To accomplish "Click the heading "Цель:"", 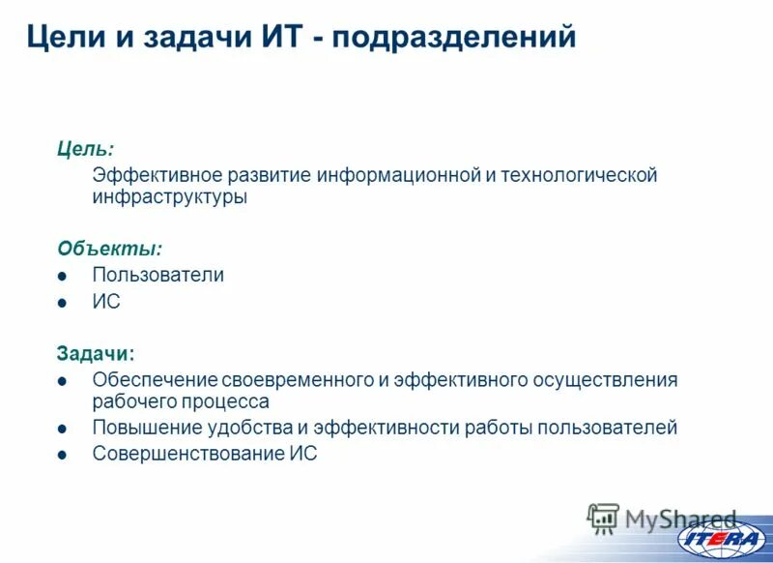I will click(x=85, y=149).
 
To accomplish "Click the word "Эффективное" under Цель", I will click(x=157, y=175).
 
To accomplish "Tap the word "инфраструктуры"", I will click(x=169, y=197).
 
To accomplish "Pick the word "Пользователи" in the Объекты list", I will click(x=157, y=275).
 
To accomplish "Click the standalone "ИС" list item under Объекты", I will click(x=105, y=302).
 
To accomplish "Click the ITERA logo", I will click(x=720, y=539).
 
